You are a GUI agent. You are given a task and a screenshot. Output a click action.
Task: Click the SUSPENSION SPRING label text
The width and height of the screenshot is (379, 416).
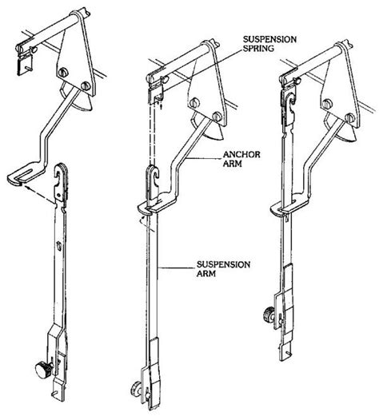(269, 44)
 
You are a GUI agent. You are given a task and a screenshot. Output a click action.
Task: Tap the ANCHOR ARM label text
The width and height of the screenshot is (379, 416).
(241, 159)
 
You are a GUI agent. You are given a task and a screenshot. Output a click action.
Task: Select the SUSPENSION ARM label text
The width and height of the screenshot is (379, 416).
(223, 269)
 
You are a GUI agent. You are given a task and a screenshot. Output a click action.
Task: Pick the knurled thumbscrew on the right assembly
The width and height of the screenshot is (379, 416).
(269, 315)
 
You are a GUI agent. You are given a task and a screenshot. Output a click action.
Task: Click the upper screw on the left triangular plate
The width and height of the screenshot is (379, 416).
(64, 72)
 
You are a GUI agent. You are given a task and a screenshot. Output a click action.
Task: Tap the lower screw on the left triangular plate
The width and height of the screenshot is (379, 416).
(85, 85)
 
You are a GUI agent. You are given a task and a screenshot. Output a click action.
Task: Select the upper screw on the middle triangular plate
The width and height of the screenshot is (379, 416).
(195, 102)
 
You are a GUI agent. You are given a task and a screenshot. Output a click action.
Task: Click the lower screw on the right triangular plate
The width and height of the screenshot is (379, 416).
(349, 117)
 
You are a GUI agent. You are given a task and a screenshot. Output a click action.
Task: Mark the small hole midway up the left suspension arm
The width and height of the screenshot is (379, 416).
(59, 246)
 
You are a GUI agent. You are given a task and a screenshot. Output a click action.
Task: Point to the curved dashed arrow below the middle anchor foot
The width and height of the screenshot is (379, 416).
(146, 224)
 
